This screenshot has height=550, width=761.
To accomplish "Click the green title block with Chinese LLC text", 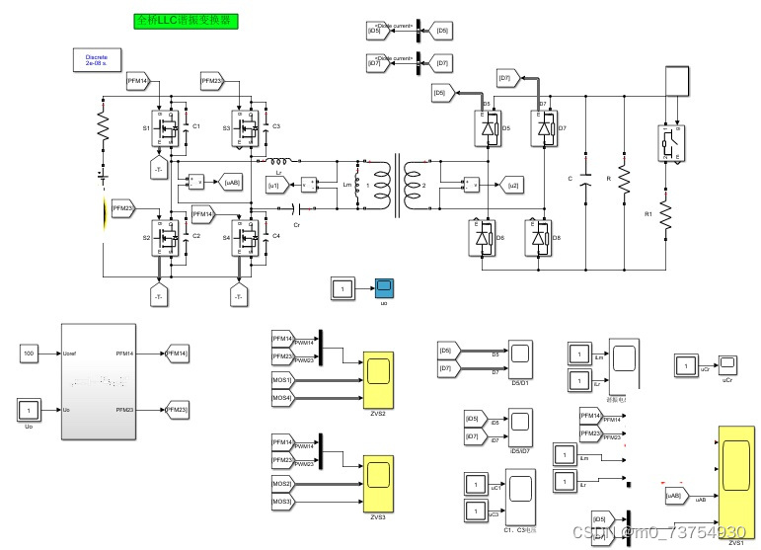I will (x=186, y=19).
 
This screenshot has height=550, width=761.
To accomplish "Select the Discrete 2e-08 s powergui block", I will (x=97, y=60).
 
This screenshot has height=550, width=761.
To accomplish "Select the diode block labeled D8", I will (x=539, y=237).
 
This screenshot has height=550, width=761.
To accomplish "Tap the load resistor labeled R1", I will (x=665, y=213).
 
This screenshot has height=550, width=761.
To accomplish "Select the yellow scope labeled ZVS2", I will (x=377, y=370).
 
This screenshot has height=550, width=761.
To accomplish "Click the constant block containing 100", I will (x=29, y=353).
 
